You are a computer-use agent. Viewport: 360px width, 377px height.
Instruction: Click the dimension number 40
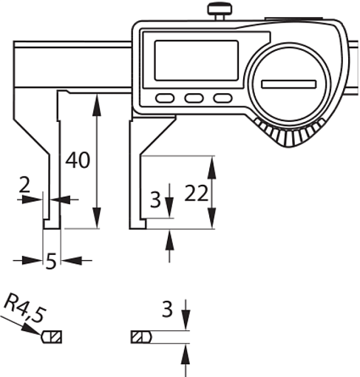pos(78,160)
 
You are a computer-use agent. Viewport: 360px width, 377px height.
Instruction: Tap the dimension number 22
pos(196,194)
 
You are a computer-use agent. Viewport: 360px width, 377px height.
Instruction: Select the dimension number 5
pos(51,262)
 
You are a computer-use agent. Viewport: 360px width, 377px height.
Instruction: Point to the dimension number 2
pos(24,185)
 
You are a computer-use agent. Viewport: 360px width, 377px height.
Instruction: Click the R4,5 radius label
pos(25,308)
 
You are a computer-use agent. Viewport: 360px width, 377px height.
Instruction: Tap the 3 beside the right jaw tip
pos(155,200)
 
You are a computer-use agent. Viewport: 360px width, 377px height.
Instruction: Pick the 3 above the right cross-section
pos(167,309)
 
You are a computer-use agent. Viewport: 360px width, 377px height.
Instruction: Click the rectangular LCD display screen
pos(197,61)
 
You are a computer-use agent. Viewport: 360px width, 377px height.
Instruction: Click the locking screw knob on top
pos(220,11)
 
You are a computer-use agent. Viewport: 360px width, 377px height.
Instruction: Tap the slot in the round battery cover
pos(289,84)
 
